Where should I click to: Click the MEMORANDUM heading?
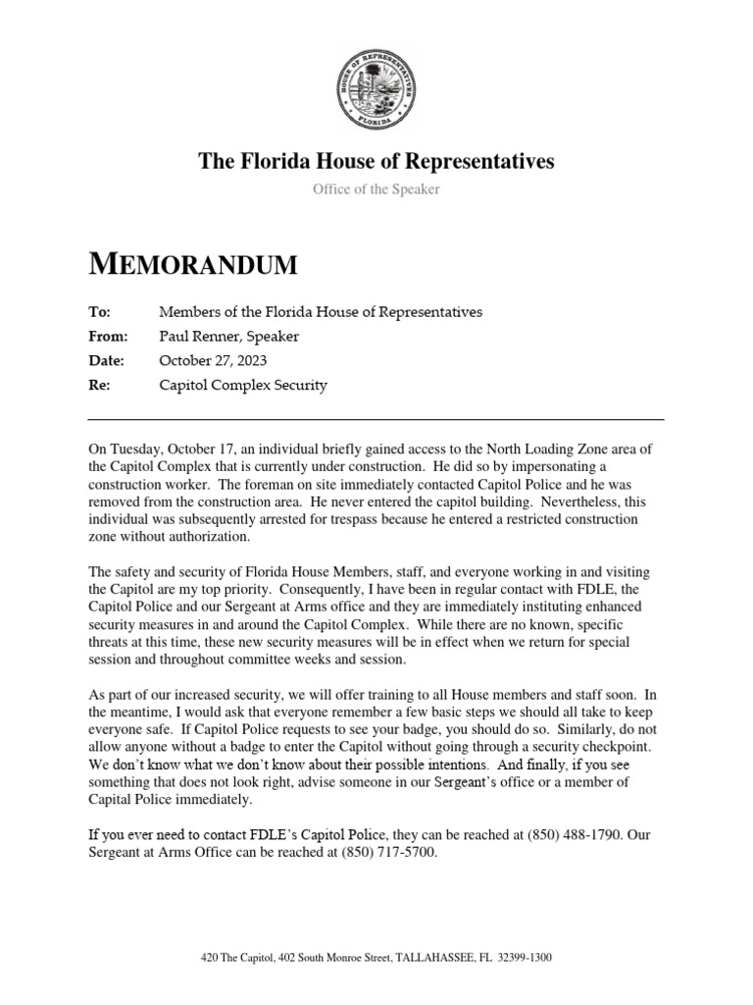click(x=192, y=264)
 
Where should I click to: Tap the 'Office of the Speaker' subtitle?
click(x=376, y=189)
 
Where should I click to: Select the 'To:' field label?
click(x=100, y=312)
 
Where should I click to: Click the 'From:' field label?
click(x=108, y=337)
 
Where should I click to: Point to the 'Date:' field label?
click(x=106, y=361)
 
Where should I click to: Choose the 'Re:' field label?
click(x=100, y=386)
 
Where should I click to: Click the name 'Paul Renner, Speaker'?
click(x=229, y=337)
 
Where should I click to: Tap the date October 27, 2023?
click(x=213, y=361)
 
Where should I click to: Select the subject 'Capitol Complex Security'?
click(x=243, y=386)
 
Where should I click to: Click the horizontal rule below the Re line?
click(x=376, y=420)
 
